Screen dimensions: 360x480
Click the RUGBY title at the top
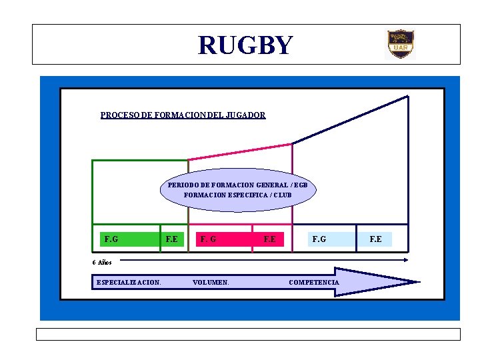click(245, 45)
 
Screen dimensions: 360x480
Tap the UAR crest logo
click(401, 44)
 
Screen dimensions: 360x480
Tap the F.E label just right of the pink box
click(269, 239)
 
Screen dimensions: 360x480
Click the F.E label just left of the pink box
click(172, 239)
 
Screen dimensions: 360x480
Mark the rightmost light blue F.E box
click(376, 239)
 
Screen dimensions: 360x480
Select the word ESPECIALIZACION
click(129, 283)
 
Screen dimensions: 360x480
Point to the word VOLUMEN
click(211, 283)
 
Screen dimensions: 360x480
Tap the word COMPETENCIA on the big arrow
click(314, 283)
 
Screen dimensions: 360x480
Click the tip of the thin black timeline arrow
click(407, 259)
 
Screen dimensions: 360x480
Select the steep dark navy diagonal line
click(351, 119)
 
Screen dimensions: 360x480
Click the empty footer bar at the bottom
click(248, 334)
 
